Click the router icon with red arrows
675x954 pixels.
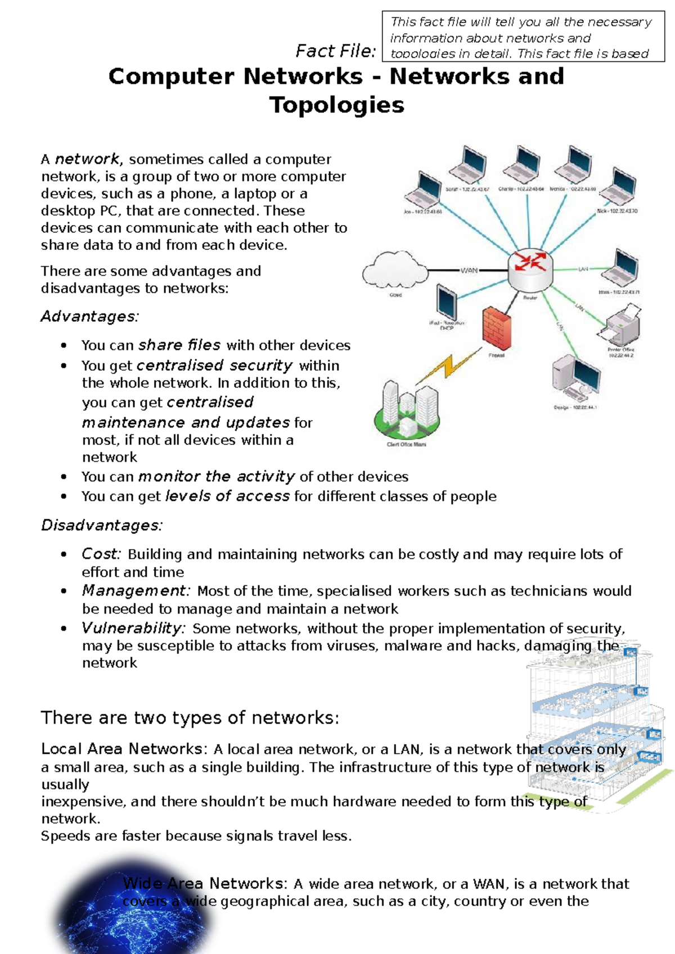point(530,268)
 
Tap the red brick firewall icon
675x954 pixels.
point(497,329)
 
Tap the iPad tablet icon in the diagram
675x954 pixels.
point(446,303)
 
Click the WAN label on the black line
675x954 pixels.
point(469,271)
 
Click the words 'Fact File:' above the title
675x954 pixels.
point(336,51)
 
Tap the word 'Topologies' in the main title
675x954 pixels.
point(336,105)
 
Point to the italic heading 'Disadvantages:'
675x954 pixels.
point(102,525)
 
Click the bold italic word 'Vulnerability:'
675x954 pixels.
point(133,628)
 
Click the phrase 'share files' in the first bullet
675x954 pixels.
point(179,345)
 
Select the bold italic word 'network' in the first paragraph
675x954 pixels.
point(87,159)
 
